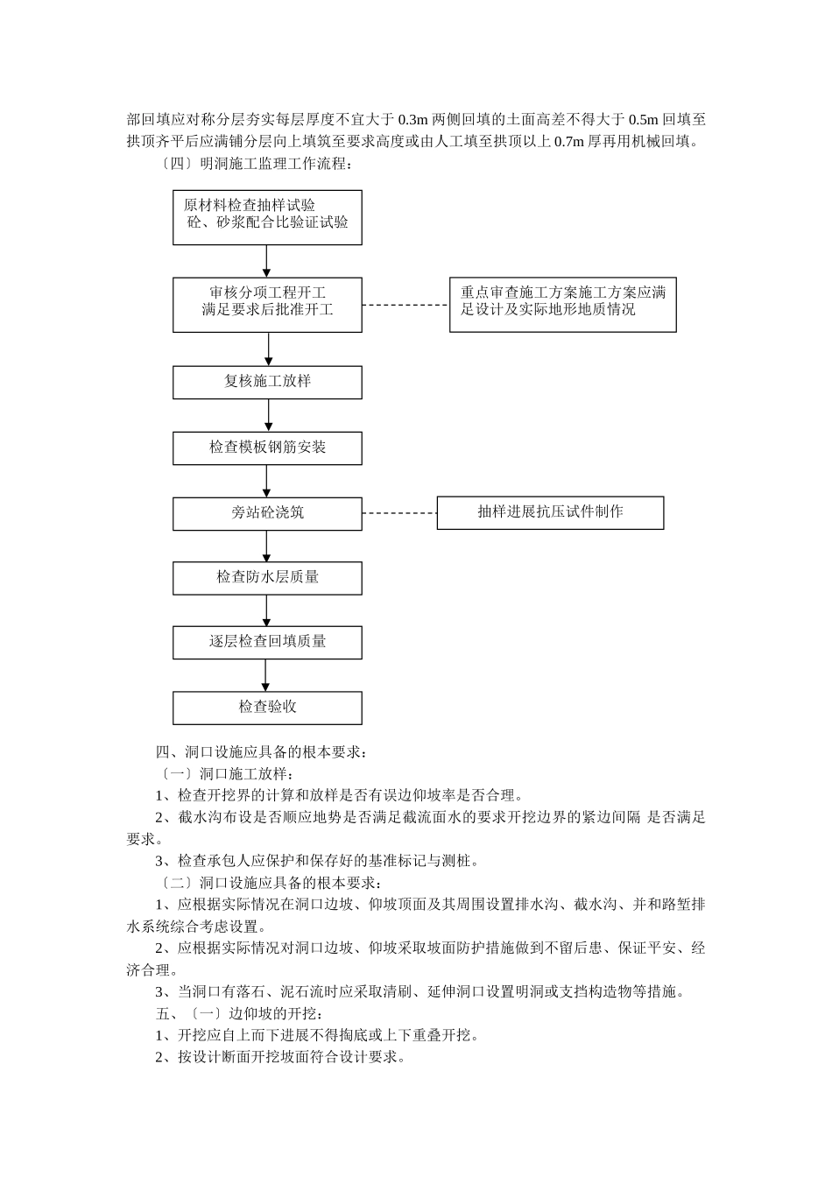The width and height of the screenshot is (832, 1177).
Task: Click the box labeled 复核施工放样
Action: pyautogui.click(x=267, y=382)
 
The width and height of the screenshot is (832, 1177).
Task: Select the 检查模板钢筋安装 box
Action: pyautogui.click(x=267, y=448)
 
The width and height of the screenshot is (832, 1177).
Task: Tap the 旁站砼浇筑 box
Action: pyautogui.click(x=267, y=513)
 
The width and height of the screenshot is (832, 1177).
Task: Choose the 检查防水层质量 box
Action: pyautogui.click(x=267, y=578)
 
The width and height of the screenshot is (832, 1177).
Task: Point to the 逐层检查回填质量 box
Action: pyautogui.click(x=267, y=642)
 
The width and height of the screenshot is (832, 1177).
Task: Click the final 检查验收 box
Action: pyautogui.click(x=267, y=708)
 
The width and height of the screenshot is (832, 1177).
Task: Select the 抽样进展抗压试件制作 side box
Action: pyautogui.click(x=550, y=512)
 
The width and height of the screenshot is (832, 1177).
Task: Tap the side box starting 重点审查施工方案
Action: pyautogui.click(x=562, y=305)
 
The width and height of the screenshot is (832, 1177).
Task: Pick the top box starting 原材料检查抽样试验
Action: pyautogui.click(x=267, y=217)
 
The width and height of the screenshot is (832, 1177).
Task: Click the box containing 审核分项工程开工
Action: pyautogui.click(x=267, y=305)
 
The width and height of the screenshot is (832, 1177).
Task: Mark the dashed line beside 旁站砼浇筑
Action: pyautogui.click(x=399, y=513)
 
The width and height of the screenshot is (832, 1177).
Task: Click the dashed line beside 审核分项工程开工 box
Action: pyautogui.click(x=405, y=306)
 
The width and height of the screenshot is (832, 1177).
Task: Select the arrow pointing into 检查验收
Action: pyautogui.click(x=266, y=675)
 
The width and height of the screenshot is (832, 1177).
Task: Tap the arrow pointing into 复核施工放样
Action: pyautogui.click(x=268, y=349)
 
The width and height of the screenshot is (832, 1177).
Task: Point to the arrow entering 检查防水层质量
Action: pyautogui.click(x=266, y=546)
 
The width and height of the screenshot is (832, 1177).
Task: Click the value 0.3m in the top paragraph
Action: pyautogui.click(x=412, y=120)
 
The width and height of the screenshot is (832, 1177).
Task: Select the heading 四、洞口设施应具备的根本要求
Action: pyautogui.click(x=262, y=752)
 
